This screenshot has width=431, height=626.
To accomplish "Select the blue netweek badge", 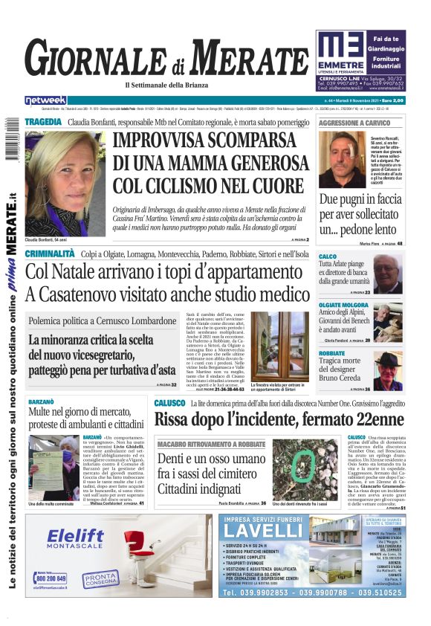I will point(45,100).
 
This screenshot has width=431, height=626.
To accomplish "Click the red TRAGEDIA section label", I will point(42,121).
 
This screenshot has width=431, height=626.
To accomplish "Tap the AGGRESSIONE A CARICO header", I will point(354,122).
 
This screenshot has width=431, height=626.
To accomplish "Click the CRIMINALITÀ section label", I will point(50,254).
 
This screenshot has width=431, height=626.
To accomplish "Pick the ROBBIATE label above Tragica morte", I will point(331,353).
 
